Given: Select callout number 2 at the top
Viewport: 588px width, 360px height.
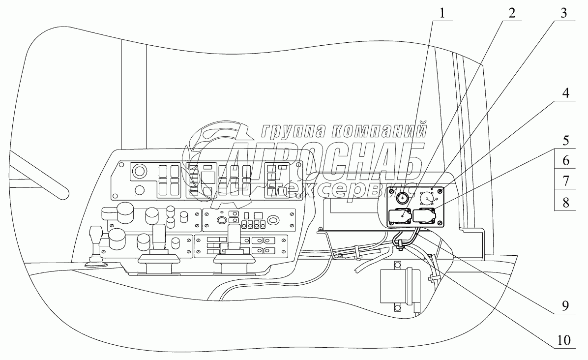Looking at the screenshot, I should click(x=512, y=13).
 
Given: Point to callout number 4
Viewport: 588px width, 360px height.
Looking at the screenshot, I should click(x=565, y=93).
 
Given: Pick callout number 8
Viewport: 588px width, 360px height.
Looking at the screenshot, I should click(x=565, y=203).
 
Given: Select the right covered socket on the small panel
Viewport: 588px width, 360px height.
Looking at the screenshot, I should click(x=425, y=216).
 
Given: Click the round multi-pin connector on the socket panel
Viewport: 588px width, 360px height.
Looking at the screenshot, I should click(x=426, y=198).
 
